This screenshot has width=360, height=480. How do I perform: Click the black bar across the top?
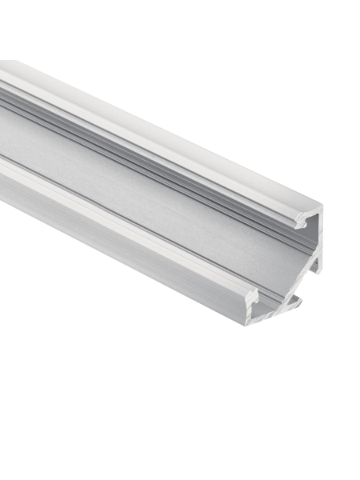(x=180, y=30)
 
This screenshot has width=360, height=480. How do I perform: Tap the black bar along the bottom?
(x=180, y=450)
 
